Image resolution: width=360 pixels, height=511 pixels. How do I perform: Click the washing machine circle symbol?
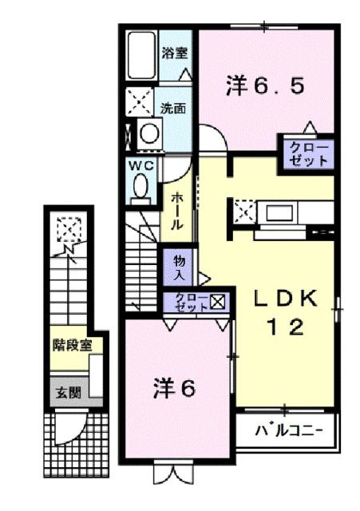coord(148,133)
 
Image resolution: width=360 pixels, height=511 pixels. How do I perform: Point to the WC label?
coord(141,165)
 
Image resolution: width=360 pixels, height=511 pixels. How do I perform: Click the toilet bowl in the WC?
coord(141,187)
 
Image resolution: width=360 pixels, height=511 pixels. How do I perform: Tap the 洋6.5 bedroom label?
coord(264,86)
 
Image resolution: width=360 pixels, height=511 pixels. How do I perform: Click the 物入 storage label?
coord(179,267)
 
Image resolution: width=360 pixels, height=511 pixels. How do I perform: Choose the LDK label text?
coord(287,299)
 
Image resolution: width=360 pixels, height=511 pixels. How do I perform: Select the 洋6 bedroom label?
coord(174,389)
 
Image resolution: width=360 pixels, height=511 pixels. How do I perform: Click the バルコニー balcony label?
coord(289,431)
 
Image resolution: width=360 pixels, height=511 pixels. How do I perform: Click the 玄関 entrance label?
coord(65,393)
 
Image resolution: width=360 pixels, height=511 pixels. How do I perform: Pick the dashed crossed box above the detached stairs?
coord(68,230)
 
